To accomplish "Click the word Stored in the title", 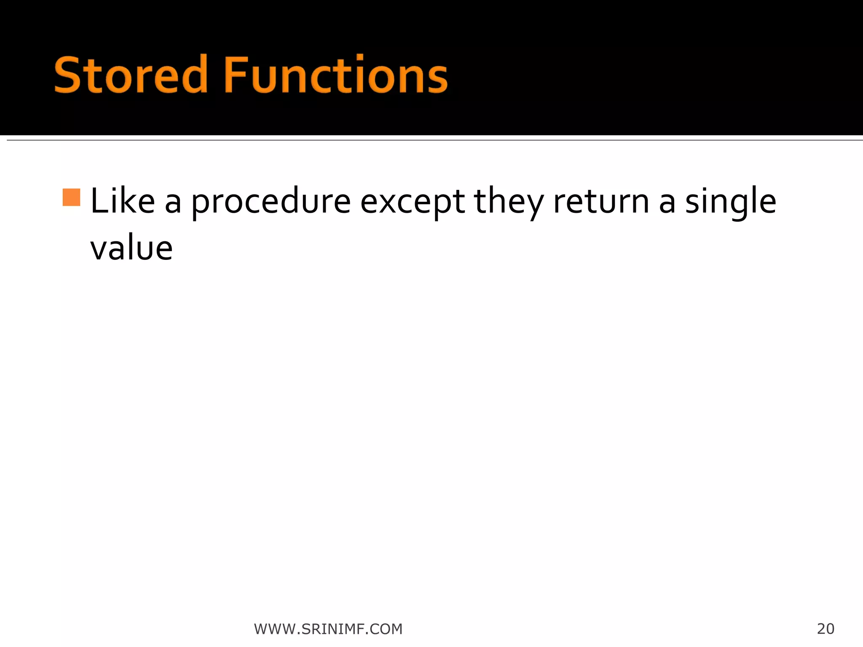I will point(131,75).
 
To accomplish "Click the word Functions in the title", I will point(335,75).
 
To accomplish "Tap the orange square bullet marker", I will point(71,198).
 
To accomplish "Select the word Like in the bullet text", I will point(123,201).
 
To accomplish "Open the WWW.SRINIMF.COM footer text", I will point(328,629).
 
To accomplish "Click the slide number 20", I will point(825,628).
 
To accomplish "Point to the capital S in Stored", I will point(67,75).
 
